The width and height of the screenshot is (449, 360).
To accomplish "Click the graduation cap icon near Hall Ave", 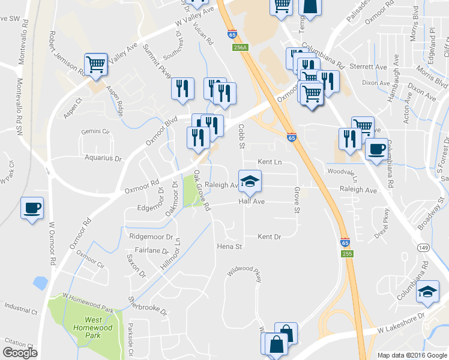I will pos(250,180).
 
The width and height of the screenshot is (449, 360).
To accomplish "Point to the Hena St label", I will pos(229,247).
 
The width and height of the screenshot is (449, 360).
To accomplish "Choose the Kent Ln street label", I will pos(270,162).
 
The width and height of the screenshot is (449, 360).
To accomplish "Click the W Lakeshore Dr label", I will pos(401,323).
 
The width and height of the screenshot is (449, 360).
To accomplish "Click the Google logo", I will pos(20,353).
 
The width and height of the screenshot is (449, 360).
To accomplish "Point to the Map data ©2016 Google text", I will pos(412,355).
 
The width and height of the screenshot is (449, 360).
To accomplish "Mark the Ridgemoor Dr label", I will pos(151,237).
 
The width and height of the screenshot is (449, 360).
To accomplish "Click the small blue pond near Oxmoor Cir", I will pos(41,282).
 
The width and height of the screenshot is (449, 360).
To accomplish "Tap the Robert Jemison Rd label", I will pos(67,53).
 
